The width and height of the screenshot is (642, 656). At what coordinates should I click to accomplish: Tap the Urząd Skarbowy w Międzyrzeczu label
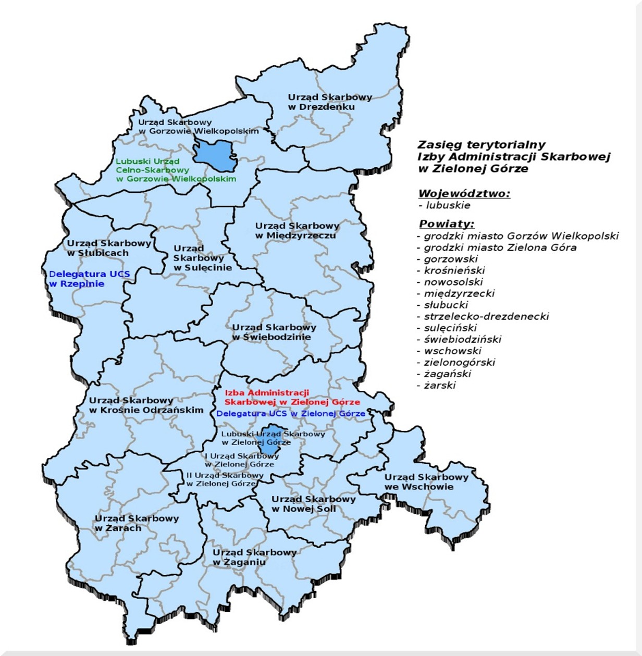[297, 231]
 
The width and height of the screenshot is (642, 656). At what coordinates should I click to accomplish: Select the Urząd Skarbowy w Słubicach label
[108, 248]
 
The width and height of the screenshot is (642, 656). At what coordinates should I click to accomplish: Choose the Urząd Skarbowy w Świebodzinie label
[274, 332]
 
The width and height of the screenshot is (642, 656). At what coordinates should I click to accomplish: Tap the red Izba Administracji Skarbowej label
[292, 398]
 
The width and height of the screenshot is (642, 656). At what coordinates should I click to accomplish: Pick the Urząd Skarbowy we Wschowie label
[426, 482]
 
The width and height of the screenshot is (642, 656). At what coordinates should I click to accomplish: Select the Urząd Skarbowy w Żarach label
[137, 523]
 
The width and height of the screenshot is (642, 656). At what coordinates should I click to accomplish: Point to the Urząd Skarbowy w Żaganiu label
[254, 558]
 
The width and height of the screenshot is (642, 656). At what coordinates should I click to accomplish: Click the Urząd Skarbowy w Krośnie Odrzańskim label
[146, 405]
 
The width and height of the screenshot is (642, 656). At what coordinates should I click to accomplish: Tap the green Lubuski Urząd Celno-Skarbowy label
[176, 170]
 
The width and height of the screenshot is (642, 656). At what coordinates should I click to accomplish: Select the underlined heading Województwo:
[464, 194]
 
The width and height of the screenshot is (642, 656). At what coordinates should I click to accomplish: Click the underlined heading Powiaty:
[447, 225]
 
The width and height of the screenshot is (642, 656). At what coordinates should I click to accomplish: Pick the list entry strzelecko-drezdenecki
[486, 316]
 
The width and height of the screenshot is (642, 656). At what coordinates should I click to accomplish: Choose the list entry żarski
[439, 386]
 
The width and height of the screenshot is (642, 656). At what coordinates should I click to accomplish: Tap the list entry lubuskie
[448, 205]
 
